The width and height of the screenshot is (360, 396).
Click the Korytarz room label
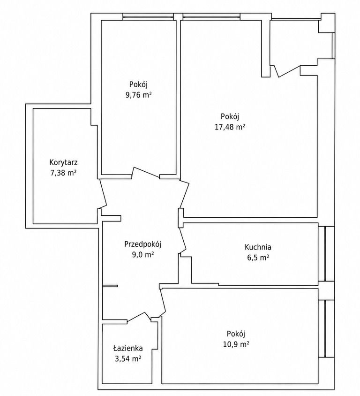pos(63,162)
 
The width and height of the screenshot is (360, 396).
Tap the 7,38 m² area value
pos(63,173)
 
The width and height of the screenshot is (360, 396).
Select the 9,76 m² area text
pos(138,95)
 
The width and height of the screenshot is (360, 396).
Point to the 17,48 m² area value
pos(230,127)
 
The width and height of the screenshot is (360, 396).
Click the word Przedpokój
pos(142,244)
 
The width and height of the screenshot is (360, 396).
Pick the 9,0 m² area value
pos(143,255)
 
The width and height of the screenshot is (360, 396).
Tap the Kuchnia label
pos(258,247)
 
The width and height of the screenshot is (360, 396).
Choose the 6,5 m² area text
pos(258,258)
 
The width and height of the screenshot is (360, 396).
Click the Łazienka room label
pos(127,348)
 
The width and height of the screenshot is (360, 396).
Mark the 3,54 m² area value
pos(127,359)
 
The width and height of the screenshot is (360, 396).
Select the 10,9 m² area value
pos(236,344)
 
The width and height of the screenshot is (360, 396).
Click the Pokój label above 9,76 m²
pos(138,84)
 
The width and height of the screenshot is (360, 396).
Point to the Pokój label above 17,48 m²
pos(230,116)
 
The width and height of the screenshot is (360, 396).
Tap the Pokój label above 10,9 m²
pos(236,334)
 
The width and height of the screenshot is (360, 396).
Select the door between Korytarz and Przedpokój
pos(104,193)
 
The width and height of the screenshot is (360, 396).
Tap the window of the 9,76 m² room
pos(148,17)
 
